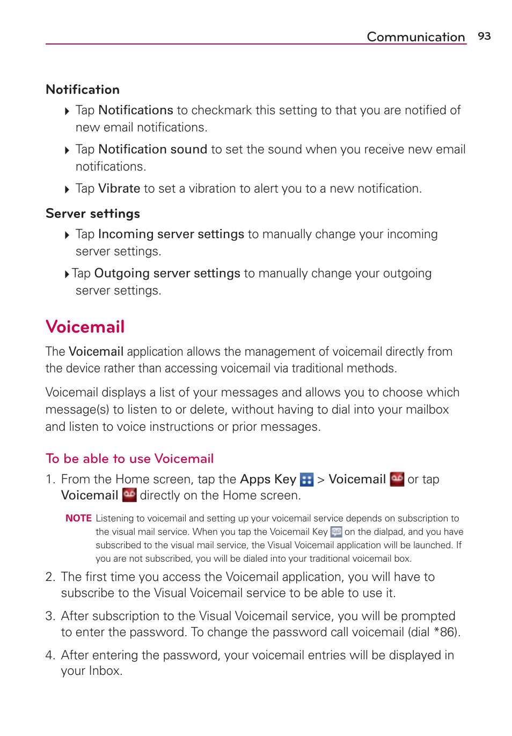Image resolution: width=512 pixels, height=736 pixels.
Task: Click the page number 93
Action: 484,36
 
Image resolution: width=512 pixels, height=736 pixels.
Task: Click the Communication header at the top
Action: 415,36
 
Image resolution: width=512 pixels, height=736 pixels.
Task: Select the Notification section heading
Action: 83,90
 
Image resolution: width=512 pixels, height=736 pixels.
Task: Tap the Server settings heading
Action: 93,214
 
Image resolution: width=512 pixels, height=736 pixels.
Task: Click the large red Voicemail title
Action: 85,327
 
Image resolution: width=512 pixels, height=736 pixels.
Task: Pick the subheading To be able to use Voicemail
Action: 130,459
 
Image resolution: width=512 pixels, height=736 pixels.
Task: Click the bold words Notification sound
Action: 152,149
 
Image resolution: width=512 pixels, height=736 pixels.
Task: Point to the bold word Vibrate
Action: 119,189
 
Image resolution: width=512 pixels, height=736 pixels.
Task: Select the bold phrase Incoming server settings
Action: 171,234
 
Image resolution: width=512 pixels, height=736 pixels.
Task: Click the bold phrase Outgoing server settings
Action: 167,274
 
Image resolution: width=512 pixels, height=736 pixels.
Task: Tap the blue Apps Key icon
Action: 306,480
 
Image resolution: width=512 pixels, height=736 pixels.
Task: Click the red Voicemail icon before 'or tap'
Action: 397,479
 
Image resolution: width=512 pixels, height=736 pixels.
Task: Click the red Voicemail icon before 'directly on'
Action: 129,495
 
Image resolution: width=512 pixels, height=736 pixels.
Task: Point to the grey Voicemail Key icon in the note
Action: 336,532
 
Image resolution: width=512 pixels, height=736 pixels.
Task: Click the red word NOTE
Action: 78,518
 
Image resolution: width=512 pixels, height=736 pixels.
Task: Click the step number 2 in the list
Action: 50,577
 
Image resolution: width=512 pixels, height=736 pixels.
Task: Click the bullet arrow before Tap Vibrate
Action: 67,189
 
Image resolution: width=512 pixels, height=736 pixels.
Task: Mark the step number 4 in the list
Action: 50,656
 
